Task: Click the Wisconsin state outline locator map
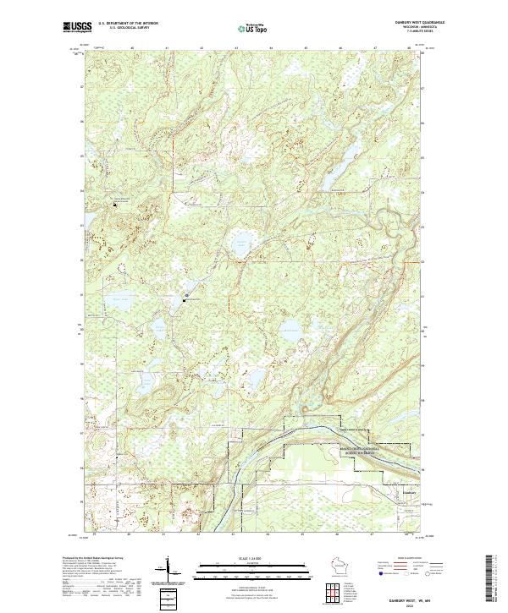click(x=342, y=565)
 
